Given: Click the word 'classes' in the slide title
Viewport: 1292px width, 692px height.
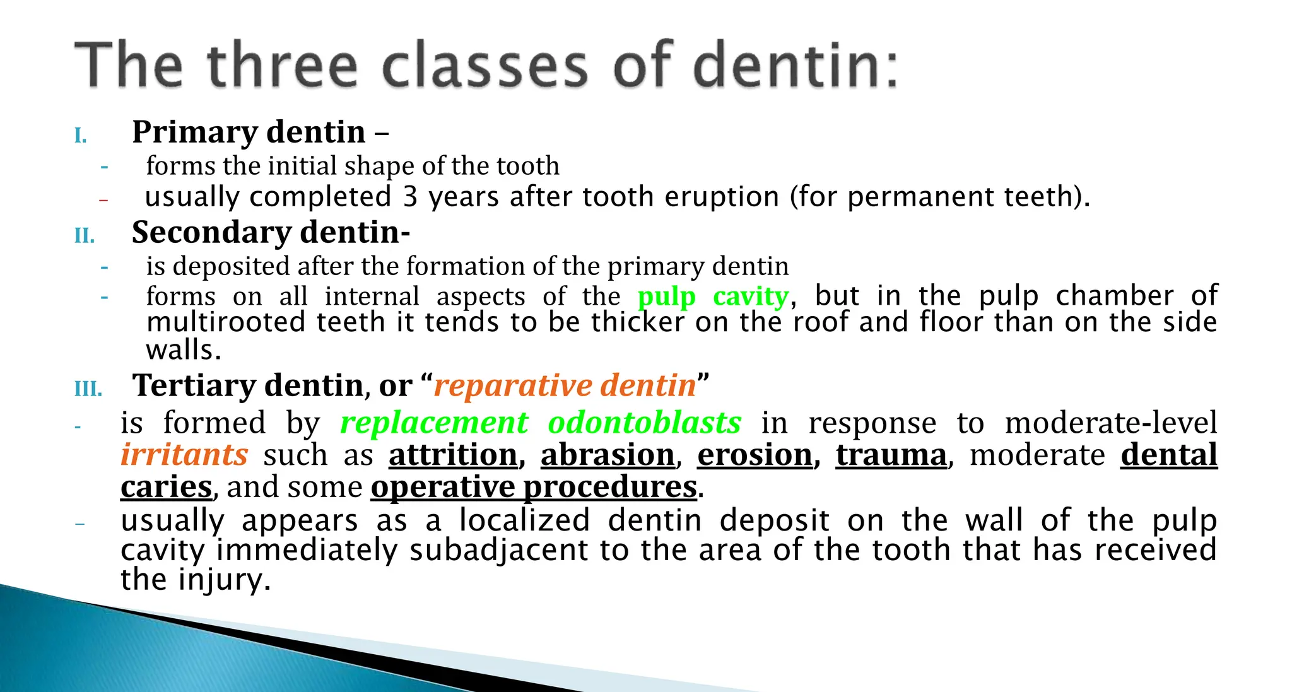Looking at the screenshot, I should pyautogui.click(x=484, y=66).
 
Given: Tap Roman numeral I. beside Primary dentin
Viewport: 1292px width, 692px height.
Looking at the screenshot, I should pyautogui.click(x=81, y=136).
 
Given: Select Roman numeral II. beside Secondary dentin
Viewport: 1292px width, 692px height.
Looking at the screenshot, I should pyautogui.click(x=85, y=236).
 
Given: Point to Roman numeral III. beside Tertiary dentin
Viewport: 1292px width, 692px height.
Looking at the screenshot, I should pyautogui.click(x=88, y=389).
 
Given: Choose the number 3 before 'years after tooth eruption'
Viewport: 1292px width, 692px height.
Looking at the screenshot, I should pyautogui.click(x=410, y=197).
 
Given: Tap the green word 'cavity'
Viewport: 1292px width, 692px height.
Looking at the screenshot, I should pyautogui.click(x=751, y=296).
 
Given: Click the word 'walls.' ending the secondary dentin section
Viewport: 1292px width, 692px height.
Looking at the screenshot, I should pyautogui.click(x=184, y=349).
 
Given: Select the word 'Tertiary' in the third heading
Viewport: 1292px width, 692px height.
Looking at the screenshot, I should pyautogui.click(x=196, y=385).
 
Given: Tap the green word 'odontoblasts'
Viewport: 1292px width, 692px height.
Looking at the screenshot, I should pyautogui.click(x=644, y=423).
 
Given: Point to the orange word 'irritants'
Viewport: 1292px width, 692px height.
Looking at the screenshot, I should pyautogui.click(x=184, y=455).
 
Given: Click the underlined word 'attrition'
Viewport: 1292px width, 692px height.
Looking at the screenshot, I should pyautogui.click(x=454, y=455).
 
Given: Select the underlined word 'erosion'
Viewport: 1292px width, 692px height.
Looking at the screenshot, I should pyautogui.click(x=755, y=455).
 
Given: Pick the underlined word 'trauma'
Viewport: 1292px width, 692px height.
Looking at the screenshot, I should pyautogui.click(x=891, y=455).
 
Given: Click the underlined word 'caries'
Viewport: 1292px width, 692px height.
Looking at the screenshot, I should pyautogui.click(x=167, y=487).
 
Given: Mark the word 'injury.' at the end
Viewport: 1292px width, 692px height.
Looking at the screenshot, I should pyautogui.click(x=225, y=580).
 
